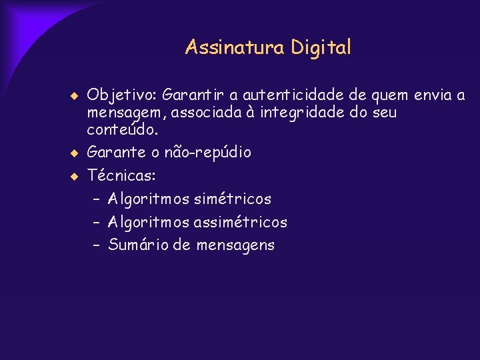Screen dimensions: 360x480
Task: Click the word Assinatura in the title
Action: tap(235, 47)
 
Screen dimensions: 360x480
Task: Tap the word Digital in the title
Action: tap(321, 48)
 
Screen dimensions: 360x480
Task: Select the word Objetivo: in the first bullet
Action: tap(123, 95)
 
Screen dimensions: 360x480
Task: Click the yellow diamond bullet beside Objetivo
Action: tap(75, 96)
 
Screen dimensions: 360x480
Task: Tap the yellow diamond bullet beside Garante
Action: tap(75, 153)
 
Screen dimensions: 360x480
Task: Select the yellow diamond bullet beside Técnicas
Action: tap(75, 177)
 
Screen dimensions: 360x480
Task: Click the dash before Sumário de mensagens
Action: tap(97, 245)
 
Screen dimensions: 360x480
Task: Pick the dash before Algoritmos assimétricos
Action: tap(97, 222)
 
